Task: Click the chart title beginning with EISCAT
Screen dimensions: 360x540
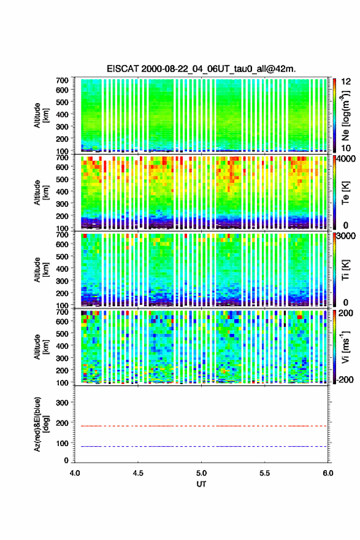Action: tap(201, 69)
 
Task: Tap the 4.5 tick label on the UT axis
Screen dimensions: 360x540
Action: tap(138, 473)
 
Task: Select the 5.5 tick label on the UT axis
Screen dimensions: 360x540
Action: tap(264, 473)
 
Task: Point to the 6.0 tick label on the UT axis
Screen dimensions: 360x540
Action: tap(327, 473)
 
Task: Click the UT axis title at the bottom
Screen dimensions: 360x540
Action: tap(201, 484)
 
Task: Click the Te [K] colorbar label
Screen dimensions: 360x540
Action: tap(345, 193)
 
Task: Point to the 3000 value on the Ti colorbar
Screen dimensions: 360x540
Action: tap(345, 236)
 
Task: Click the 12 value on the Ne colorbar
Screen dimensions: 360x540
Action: tap(346, 82)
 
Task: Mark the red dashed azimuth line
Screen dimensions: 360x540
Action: tap(201, 426)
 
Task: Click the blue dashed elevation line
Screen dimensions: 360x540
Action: tap(201, 446)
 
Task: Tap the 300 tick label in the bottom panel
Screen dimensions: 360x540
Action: tap(63, 403)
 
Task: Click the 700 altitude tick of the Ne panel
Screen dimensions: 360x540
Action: tap(63, 80)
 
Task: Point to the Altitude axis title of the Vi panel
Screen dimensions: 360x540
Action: tap(41, 347)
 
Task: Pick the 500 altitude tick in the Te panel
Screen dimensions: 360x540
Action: tap(63, 179)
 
